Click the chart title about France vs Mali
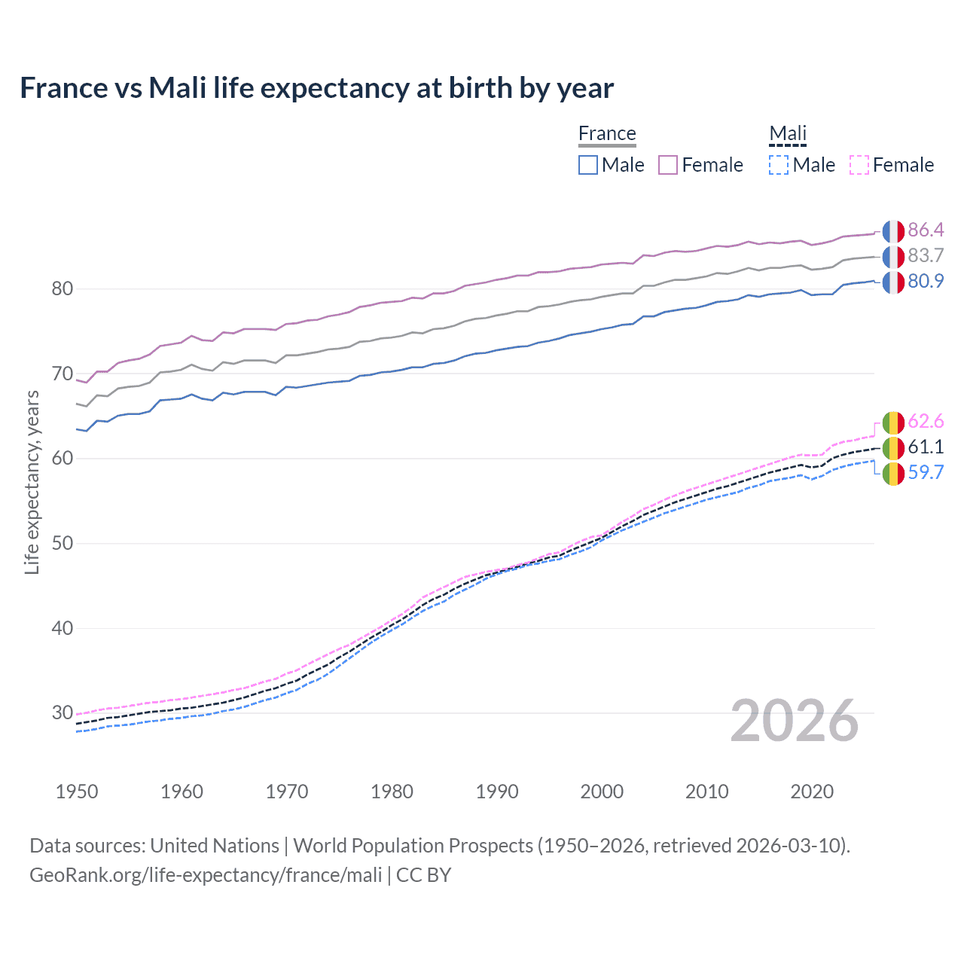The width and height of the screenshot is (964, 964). pyautogui.click(x=316, y=88)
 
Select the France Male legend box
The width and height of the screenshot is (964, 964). pyautogui.click(x=588, y=165)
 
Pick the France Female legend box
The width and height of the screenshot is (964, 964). pyautogui.click(x=668, y=165)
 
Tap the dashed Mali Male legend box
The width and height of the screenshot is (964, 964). pyautogui.click(x=779, y=165)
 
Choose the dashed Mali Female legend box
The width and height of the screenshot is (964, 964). pyautogui.click(x=859, y=165)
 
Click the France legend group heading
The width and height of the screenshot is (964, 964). pyautogui.click(x=607, y=133)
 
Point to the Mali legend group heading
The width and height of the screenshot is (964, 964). pyautogui.click(x=788, y=133)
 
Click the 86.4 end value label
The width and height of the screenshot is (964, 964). pyautogui.click(x=926, y=230)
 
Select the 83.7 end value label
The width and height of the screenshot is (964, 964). pyautogui.click(x=926, y=255)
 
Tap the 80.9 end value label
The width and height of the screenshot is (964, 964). pyautogui.click(x=926, y=281)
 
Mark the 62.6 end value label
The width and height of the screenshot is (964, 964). pyautogui.click(x=926, y=421)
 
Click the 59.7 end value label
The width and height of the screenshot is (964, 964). pyautogui.click(x=926, y=472)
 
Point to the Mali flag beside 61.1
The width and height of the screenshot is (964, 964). pyautogui.click(x=893, y=447)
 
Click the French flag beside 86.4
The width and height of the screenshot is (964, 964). pyautogui.click(x=893, y=230)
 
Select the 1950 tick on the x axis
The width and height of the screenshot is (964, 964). pyautogui.click(x=77, y=792)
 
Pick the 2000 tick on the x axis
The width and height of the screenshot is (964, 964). pyautogui.click(x=602, y=792)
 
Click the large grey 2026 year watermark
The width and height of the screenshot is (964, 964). pyautogui.click(x=795, y=721)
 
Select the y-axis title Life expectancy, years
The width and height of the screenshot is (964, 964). pyautogui.click(x=32, y=482)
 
